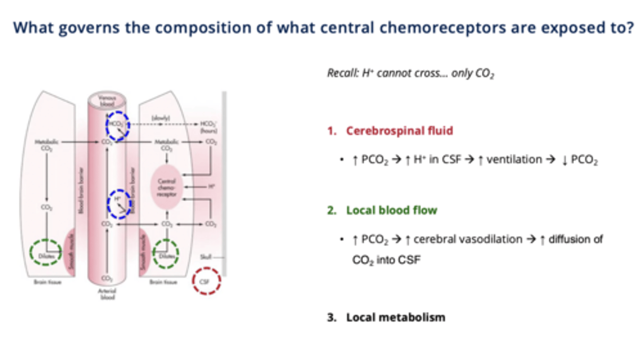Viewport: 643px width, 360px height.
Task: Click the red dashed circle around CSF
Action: [x=206, y=281]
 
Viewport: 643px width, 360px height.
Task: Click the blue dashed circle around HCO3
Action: [x=117, y=126]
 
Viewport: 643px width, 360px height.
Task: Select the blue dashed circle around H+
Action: [x=119, y=204]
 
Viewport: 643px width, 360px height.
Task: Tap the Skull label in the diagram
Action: [x=206, y=257]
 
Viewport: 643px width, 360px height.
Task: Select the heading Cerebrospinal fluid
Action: [x=399, y=131]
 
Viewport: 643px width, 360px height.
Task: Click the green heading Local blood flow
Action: [x=391, y=210]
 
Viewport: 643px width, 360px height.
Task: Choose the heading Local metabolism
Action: [x=395, y=318]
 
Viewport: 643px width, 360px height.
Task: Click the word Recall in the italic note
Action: [x=340, y=73]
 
